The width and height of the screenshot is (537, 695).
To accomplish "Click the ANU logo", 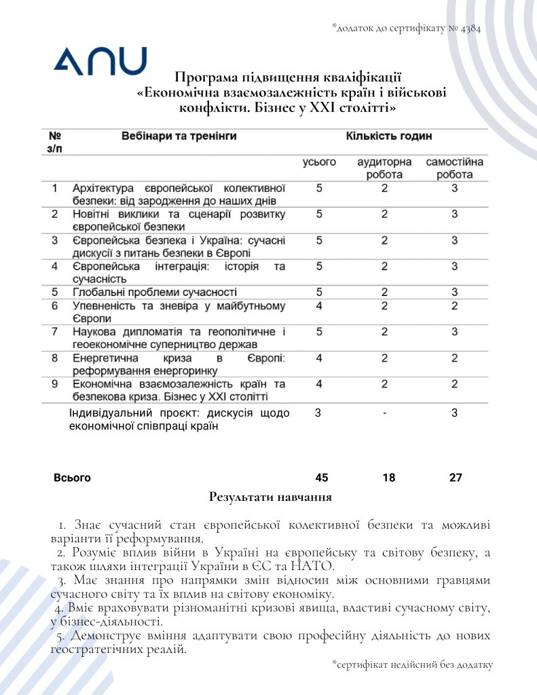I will (100, 61).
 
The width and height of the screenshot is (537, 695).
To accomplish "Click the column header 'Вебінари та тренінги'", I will (179, 136).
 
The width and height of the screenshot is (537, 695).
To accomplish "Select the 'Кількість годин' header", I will (389, 136).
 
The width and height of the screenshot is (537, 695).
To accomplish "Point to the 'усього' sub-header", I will (319, 163).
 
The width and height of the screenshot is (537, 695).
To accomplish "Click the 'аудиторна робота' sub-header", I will (384, 168).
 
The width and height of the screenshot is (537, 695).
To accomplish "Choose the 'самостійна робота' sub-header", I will (454, 168).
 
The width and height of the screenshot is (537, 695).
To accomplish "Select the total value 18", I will (388, 478).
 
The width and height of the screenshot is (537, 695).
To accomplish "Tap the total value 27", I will (456, 478).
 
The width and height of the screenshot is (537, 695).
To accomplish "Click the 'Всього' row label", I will (72, 478).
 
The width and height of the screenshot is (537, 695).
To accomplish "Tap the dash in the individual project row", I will (384, 413).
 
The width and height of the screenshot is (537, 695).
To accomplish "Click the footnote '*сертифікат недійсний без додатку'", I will (412, 664).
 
